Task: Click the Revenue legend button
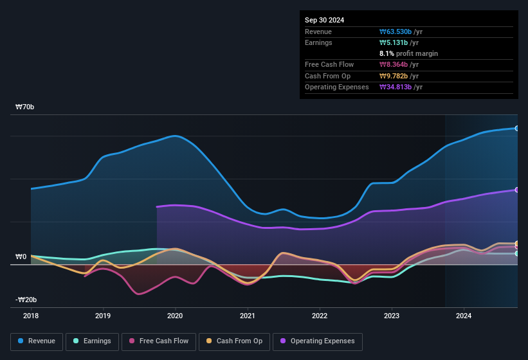click(37, 341)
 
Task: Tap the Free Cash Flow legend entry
click(159, 341)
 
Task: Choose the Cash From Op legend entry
click(235, 341)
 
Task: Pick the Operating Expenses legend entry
click(317, 341)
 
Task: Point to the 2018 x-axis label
click(31, 316)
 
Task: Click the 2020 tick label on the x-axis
click(175, 316)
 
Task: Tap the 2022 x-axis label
click(320, 316)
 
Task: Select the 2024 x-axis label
click(464, 316)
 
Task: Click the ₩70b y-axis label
click(25, 107)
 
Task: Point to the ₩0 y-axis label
click(21, 256)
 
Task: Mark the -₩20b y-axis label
click(26, 300)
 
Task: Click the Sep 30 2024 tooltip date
click(325, 20)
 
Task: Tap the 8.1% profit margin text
click(409, 53)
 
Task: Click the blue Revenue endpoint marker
click(517, 129)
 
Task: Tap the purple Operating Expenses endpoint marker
click(517, 190)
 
